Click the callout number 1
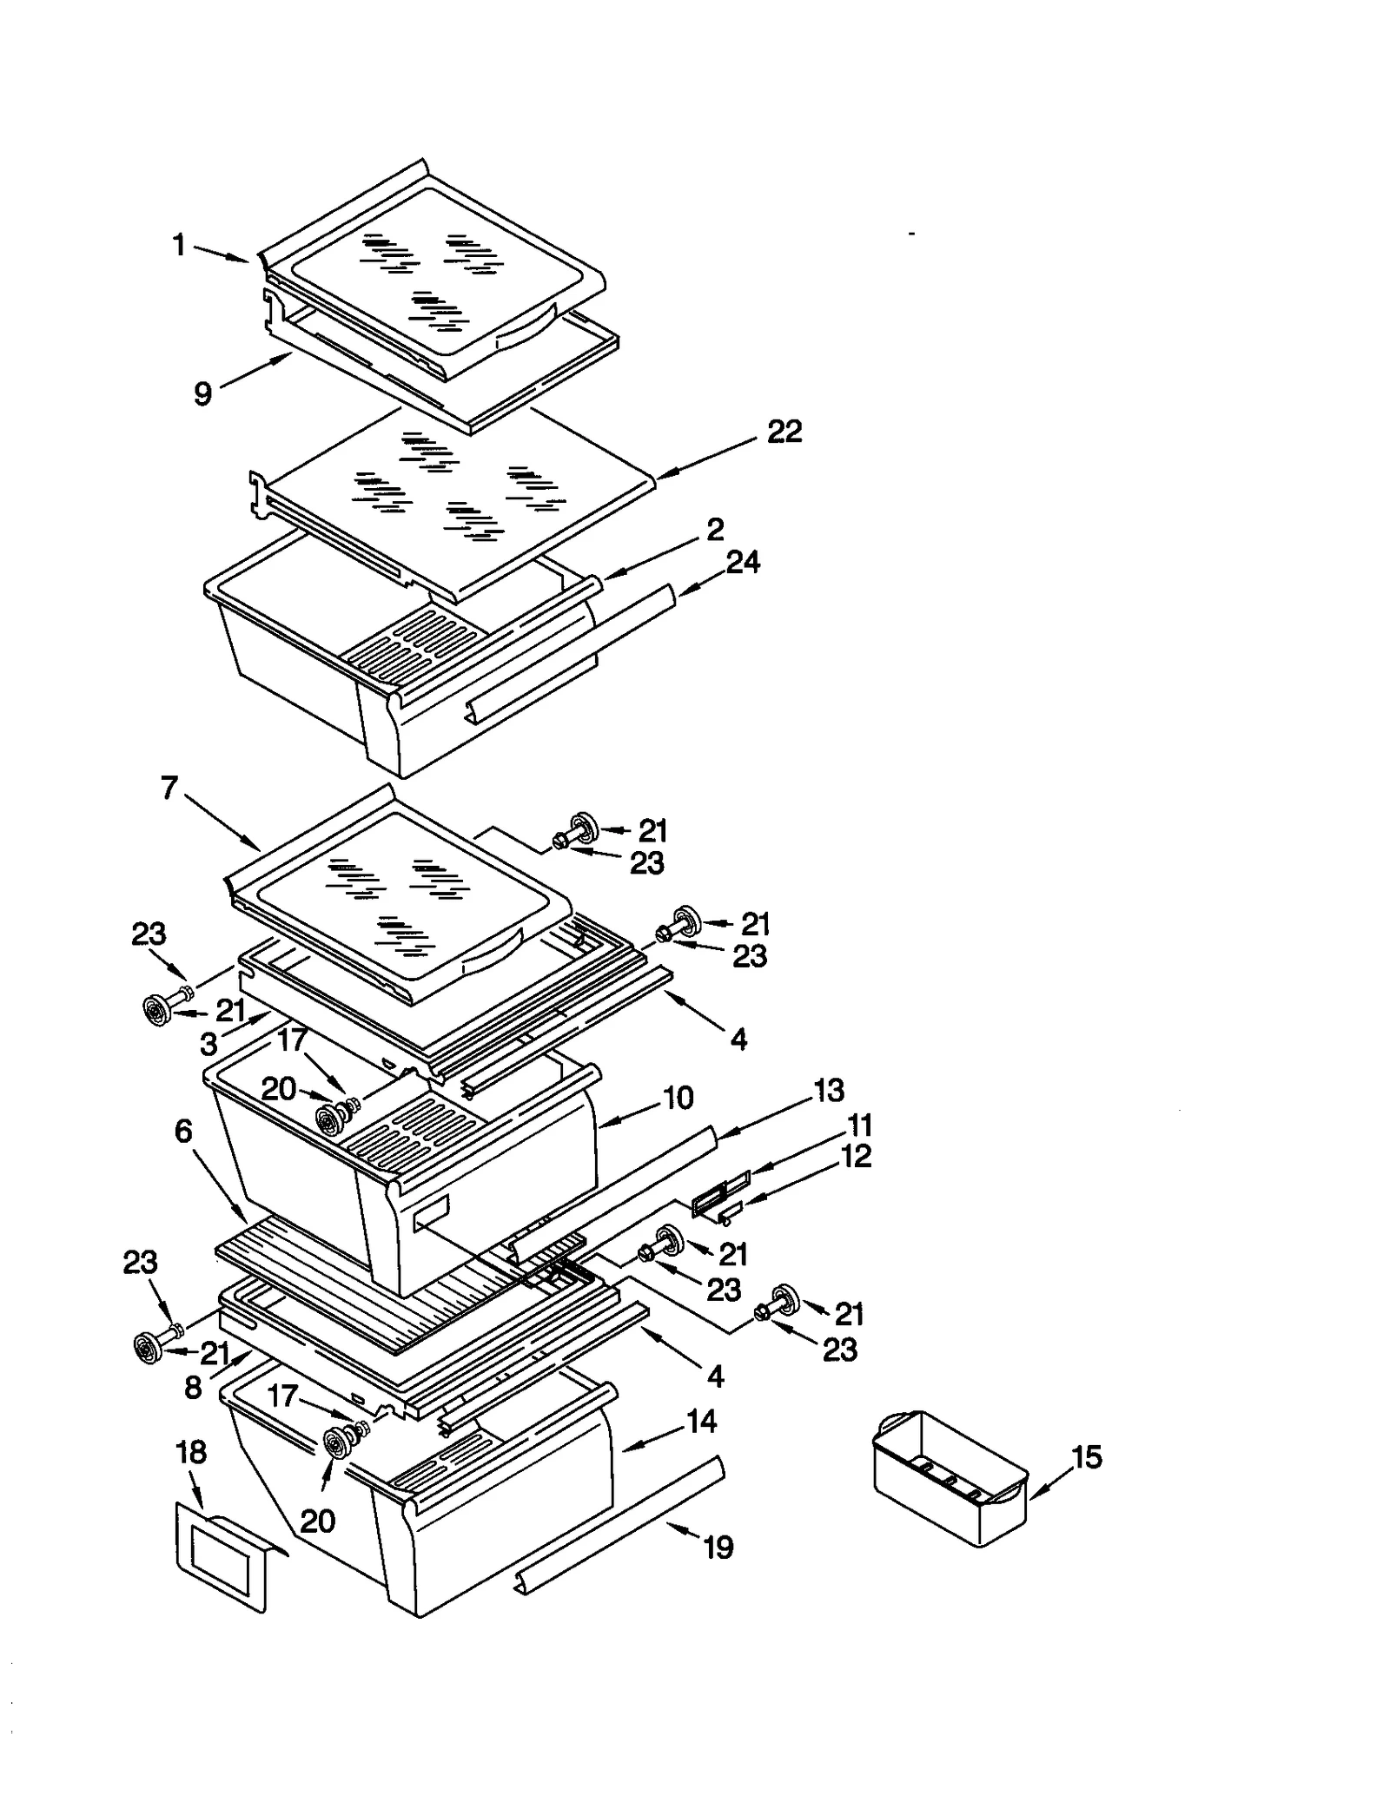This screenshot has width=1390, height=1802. tap(179, 246)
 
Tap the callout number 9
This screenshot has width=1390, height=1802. tap(202, 394)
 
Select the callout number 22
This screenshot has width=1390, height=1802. tap(784, 432)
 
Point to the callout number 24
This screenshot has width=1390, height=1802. tap(743, 562)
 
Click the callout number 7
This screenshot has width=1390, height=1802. tap(169, 788)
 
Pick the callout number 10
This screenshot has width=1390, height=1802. tap(678, 1098)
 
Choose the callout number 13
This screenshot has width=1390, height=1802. tap(829, 1090)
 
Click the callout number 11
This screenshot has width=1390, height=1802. tap(859, 1125)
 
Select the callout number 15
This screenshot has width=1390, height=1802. tap(1087, 1456)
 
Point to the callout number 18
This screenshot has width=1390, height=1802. tap(191, 1451)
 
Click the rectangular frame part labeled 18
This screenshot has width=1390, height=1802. tap(222, 1554)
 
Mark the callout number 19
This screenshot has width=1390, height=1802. tap(718, 1547)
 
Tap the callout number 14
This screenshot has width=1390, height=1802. tap(702, 1421)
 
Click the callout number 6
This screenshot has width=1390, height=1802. tap(182, 1131)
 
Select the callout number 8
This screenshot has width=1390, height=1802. tap(193, 1388)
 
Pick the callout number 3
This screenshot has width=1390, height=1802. tap(208, 1044)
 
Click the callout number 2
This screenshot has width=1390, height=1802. tap(715, 529)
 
